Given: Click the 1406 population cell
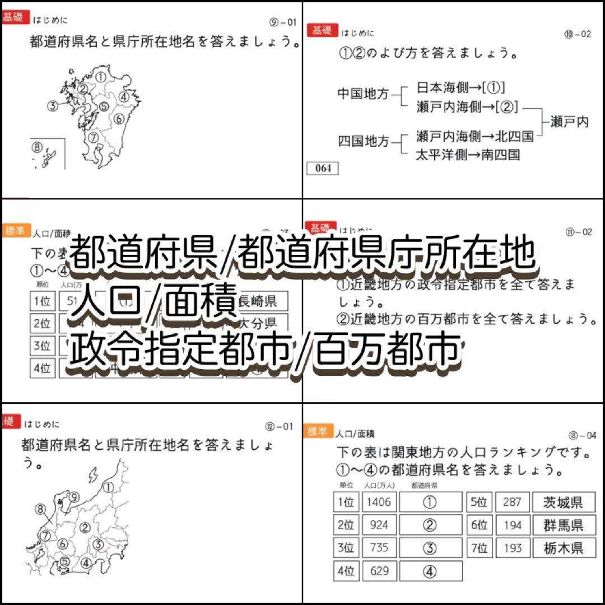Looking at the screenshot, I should (379, 502).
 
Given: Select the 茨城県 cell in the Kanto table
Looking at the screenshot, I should (563, 502).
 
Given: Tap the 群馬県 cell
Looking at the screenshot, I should (563, 525).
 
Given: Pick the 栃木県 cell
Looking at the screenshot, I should (563, 548).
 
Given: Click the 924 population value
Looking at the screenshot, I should (379, 525).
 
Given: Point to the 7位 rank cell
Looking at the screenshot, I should (480, 548).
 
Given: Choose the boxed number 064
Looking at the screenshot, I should (323, 168).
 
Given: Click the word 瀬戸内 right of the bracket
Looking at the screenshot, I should (569, 122).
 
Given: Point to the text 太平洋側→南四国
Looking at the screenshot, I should (468, 155).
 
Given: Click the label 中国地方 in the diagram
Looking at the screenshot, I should (362, 94).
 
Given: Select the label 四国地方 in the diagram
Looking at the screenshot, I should (362, 141).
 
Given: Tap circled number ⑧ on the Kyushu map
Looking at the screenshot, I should (37, 147).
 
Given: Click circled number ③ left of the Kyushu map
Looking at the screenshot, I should (53, 105).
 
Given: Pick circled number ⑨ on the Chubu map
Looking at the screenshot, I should (74, 496).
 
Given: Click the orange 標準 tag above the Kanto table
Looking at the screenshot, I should (318, 431).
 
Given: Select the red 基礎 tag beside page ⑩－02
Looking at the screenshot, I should (322, 31).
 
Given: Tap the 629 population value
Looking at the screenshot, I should (379, 571).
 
